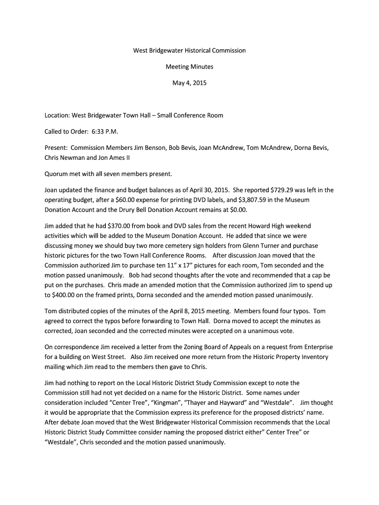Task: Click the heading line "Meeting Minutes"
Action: (x=189, y=67)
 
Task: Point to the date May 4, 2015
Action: (x=189, y=83)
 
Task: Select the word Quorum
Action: (x=57, y=174)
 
